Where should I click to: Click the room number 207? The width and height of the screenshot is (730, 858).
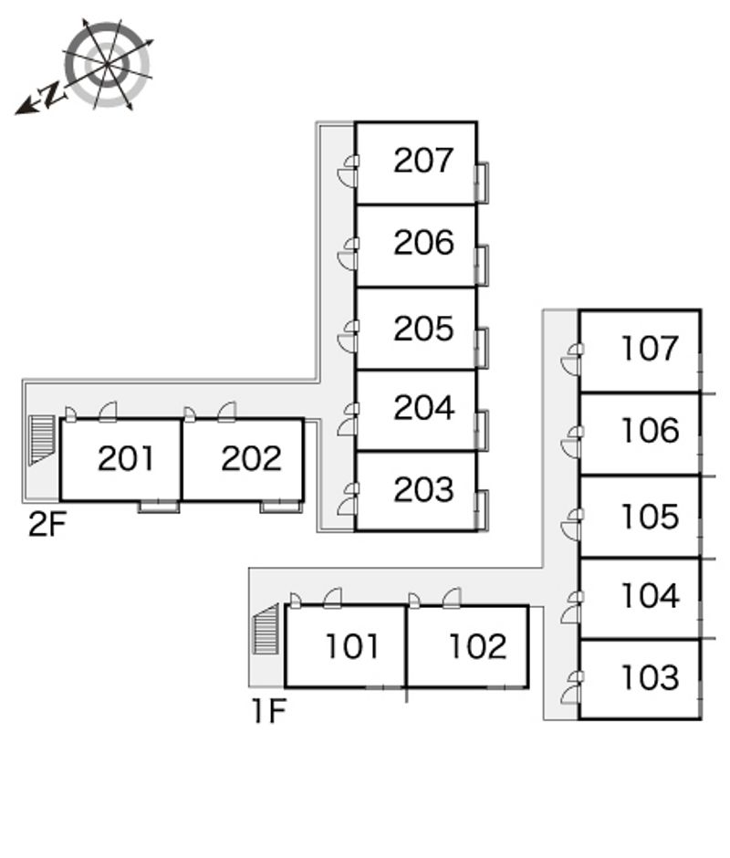(x=423, y=161)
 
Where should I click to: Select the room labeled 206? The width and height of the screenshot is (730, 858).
(x=423, y=243)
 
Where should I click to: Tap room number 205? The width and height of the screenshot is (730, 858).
(x=423, y=329)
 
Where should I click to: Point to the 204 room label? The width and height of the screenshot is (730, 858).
(x=423, y=408)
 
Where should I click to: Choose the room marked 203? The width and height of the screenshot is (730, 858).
(x=423, y=490)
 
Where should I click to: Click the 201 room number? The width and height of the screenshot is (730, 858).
(x=126, y=458)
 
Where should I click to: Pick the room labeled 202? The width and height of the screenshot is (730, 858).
(x=251, y=458)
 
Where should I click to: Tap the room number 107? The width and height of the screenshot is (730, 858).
(x=650, y=348)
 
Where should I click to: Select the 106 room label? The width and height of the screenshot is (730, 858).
(x=650, y=431)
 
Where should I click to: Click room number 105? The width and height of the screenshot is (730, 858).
(x=650, y=517)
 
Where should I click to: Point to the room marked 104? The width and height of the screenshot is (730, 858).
(x=650, y=596)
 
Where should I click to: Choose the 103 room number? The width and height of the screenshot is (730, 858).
(x=650, y=678)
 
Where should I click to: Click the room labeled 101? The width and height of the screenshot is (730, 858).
(x=352, y=646)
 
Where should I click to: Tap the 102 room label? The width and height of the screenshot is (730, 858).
(x=477, y=646)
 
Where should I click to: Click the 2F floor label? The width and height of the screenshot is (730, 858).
(x=47, y=525)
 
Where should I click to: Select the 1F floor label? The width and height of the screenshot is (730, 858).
(x=269, y=710)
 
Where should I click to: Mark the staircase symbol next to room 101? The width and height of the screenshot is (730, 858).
(x=266, y=629)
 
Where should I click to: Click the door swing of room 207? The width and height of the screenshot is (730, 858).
(x=347, y=171)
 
